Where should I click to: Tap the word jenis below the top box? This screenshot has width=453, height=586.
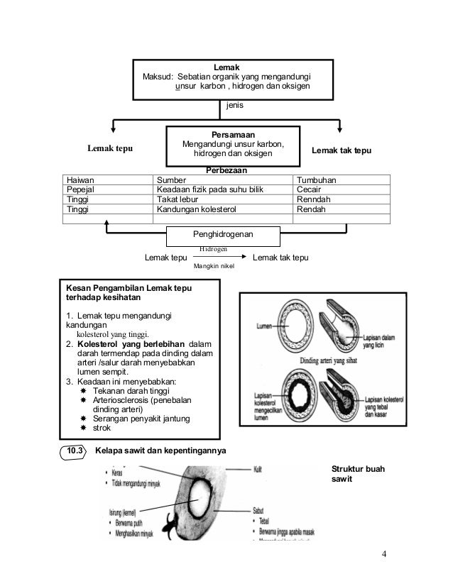235,105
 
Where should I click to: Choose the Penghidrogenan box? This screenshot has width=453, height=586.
223,234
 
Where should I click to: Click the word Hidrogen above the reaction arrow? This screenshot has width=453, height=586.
213,249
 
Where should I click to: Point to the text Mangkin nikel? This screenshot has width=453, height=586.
213,267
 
